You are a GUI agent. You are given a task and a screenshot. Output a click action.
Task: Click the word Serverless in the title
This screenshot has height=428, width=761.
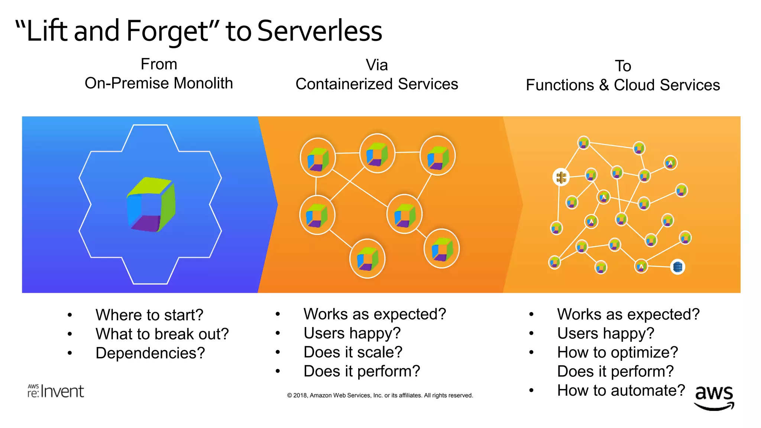(x=320, y=31)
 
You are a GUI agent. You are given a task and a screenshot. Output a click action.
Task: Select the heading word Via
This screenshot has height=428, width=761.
(x=376, y=65)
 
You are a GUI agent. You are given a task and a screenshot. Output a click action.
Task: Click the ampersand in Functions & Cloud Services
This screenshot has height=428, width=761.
(x=604, y=85)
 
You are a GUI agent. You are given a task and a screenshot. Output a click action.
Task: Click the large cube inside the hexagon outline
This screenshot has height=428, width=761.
(x=151, y=205)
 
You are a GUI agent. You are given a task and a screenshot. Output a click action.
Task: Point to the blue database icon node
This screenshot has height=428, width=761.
(x=677, y=267)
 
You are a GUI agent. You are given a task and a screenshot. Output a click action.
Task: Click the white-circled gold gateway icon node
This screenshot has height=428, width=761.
(x=561, y=177)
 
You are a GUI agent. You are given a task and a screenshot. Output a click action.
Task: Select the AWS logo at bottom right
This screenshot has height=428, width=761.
(x=714, y=397)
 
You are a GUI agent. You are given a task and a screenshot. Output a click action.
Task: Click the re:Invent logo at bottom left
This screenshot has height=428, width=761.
(x=56, y=391)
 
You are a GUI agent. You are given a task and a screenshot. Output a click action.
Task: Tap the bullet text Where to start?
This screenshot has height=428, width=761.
(x=149, y=315)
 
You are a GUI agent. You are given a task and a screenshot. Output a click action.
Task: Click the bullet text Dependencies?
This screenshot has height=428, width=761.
(x=150, y=353)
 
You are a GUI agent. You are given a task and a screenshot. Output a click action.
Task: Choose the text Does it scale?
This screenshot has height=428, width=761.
(x=353, y=352)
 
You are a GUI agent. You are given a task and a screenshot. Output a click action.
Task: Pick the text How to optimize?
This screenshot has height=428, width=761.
(x=617, y=352)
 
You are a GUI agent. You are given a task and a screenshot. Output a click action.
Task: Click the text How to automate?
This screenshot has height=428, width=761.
(x=621, y=390)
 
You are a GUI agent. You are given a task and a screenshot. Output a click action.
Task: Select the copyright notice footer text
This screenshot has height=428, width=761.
(x=380, y=395)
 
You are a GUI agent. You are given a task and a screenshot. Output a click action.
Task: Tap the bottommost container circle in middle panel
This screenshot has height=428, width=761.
(x=367, y=259)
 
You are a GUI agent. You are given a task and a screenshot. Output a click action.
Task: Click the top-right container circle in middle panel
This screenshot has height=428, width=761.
(x=437, y=155)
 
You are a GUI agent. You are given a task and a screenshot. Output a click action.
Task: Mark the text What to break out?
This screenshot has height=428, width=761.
(x=162, y=334)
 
